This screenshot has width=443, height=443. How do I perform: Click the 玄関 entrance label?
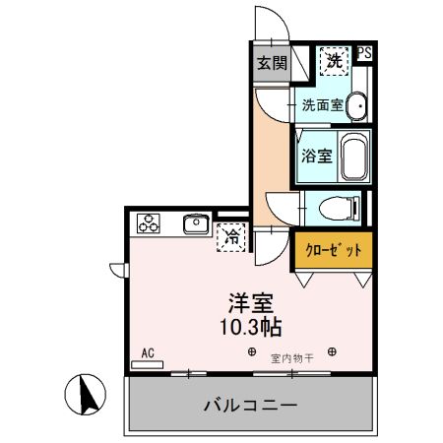tap(272, 64)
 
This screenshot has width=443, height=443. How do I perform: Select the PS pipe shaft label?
tap(365, 54)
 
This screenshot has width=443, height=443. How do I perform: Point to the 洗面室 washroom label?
tap(321, 105)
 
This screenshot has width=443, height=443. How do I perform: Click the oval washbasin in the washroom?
tap(356, 104)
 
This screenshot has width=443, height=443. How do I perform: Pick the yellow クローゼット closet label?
tap(333, 250)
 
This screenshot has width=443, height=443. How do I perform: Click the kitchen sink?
tap(194, 224)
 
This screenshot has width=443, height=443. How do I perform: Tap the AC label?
tap(149, 352)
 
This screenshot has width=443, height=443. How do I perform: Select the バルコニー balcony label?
tap(250, 405)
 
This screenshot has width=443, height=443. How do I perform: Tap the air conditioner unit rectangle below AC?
tap(148, 364)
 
